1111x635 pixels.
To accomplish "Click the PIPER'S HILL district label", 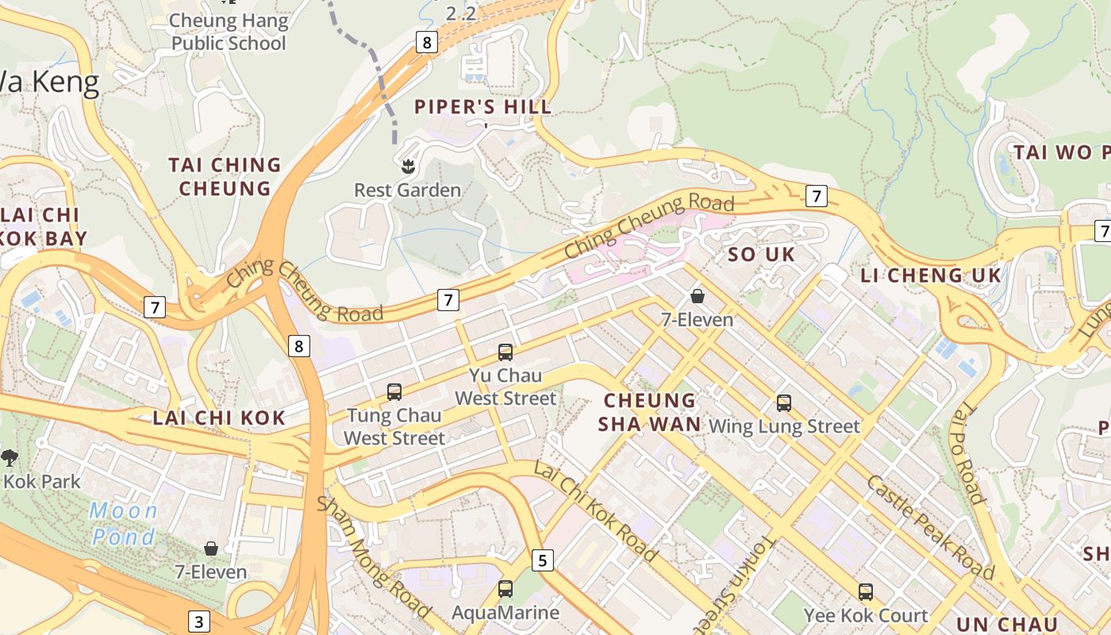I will click(x=482, y=106).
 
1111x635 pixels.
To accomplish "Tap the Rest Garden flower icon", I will click(x=408, y=166).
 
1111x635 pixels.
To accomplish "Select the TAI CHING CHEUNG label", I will click(x=225, y=176).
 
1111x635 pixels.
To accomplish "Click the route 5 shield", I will click(x=542, y=560).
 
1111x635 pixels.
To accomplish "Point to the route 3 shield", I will click(x=198, y=622).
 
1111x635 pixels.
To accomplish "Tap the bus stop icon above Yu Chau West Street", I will click(x=505, y=352).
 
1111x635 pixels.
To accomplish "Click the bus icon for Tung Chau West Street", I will click(x=394, y=391).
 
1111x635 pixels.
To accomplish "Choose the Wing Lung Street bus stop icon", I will click(x=783, y=402).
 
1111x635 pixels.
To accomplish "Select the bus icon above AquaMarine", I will click(x=505, y=589).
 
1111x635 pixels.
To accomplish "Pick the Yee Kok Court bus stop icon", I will click(x=865, y=592).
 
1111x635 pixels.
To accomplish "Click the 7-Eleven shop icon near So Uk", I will click(x=697, y=296).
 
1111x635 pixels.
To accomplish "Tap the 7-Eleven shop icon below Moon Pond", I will click(x=211, y=548).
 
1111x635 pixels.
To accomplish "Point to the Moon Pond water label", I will click(x=124, y=524).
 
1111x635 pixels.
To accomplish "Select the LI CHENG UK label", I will click(x=931, y=275).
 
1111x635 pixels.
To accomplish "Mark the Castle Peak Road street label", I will click(x=928, y=527).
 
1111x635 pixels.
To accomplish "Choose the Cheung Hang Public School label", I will click(x=229, y=31).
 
